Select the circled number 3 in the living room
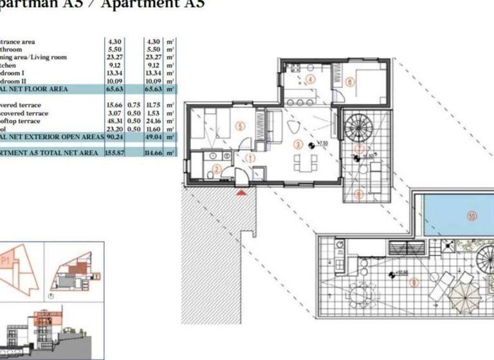click(298, 144)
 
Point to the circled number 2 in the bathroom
click(217, 170)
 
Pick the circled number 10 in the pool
click(472, 217)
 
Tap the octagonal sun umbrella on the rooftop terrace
click(463, 299)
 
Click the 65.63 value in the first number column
click(114, 90)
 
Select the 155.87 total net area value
click(114, 153)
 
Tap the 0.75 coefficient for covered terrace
click(134, 105)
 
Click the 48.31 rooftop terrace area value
click(114, 121)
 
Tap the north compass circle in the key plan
click(51, 296)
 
